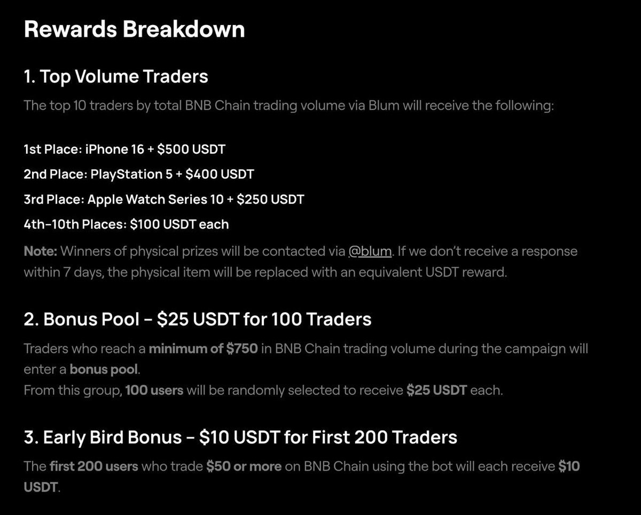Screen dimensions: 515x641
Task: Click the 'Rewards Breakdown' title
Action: (134, 29)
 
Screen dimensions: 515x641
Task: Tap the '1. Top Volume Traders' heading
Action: (116, 77)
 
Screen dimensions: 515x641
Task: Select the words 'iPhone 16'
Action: (114, 149)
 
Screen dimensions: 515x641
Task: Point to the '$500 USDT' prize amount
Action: (191, 149)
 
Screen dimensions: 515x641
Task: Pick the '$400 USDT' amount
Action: (220, 175)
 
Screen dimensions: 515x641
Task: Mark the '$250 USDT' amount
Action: (270, 200)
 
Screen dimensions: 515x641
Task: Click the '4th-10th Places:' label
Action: (75, 225)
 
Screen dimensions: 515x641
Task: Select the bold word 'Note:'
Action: (41, 251)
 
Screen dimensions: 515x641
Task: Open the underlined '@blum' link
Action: (370, 251)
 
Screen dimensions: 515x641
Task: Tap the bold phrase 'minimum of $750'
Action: (203, 349)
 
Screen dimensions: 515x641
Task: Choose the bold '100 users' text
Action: (154, 390)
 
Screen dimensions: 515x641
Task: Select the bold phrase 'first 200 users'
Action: (94, 466)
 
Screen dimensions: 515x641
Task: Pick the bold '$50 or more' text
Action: (244, 466)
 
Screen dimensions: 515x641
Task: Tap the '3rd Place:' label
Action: (53, 200)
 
